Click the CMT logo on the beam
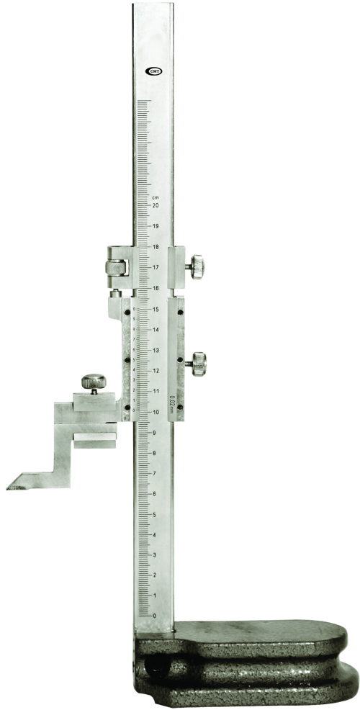(153, 71)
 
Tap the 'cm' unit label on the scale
(154, 196)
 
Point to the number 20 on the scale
(155, 205)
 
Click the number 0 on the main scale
(155, 616)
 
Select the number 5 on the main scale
(155, 514)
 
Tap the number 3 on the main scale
(155, 555)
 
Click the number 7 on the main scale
(155, 473)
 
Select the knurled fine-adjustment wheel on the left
(114, 267)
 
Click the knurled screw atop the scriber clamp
(93, 382)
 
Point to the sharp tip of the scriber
(9, 487)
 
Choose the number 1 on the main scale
(155, 596)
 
